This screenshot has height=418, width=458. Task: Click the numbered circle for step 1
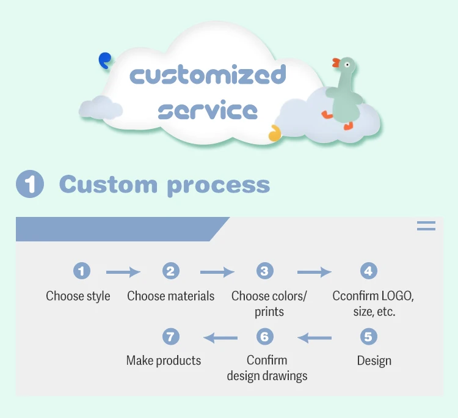coord(81,271)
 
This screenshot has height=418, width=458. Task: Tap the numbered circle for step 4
coord(368,271)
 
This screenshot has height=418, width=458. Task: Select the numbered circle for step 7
coord(171,337)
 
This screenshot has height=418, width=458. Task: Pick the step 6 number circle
coord(264,337)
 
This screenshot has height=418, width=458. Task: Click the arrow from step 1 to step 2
coord(123,273)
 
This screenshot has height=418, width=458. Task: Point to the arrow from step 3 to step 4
coord(314,273)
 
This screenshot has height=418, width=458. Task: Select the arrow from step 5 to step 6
coord(314,337)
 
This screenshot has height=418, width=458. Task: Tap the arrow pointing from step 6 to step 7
coord(220,337)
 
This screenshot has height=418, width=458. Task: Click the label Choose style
coord(78,296)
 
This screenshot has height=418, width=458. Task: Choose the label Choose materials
coord(171,296)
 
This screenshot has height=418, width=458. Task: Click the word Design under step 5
coord(374,361)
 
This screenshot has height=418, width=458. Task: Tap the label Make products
coord(164,361)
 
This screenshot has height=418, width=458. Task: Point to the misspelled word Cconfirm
coord(355,296)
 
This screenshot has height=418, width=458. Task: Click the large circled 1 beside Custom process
coord(30,184)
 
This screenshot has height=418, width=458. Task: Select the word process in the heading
coord(218,185)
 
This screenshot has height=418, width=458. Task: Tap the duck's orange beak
coord(336,62)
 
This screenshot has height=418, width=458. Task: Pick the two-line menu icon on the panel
coord(426,226)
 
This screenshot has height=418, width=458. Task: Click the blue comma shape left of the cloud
coord(105,60)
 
